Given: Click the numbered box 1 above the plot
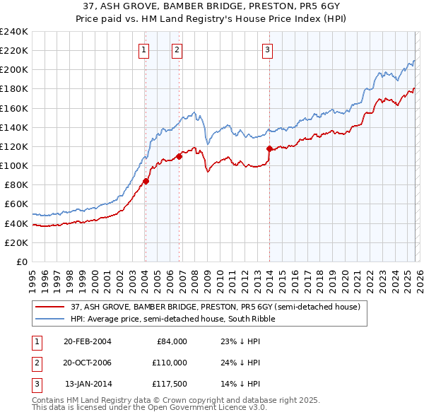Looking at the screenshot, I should (143, 49).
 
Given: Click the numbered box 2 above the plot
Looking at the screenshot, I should (177, 49).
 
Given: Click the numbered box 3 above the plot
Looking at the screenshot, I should (268, 49).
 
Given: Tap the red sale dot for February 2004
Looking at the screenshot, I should (146, 181).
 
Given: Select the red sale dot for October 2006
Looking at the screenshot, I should (179, 156).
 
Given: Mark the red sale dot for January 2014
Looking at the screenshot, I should (269, 148).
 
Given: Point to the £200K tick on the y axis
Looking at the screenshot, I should (14, 70).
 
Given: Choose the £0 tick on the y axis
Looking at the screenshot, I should (22, 262).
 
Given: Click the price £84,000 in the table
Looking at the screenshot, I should (171, 341).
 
